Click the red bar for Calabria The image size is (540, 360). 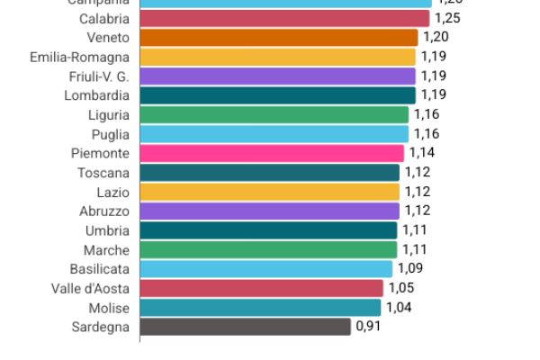tap(284, 18)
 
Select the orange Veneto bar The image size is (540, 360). tap(279, 38)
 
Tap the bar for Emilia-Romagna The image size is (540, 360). tap(277, 57)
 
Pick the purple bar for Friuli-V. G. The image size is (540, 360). tap(277, 76)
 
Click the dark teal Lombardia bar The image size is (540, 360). tap(277, 95)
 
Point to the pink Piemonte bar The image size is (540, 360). tap(272, 153)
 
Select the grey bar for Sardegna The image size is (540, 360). tap(245, 327)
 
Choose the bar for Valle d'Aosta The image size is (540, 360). tap(261, 288)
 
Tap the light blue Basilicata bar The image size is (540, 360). tap(266, 268)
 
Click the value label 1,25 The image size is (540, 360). tap(447, 18)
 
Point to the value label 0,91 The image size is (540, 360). tap(368, 327)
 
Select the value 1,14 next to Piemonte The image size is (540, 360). tap(421, 153)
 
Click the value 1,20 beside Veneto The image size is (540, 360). tap(436, 38)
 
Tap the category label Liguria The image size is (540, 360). tap(109, 115)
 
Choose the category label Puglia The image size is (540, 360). tap(111, 134)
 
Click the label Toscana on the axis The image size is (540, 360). tap(103, 173)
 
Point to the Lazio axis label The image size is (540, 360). tap(113, 192)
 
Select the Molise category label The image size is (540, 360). tap(109, 307)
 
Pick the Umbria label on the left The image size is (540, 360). tap(108, 230)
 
